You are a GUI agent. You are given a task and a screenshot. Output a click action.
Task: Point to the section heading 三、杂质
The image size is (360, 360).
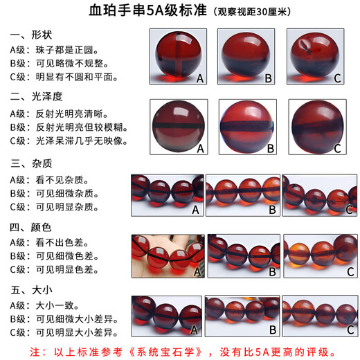point(31,164)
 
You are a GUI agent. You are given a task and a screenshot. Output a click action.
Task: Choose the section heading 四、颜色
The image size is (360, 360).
point(31,226)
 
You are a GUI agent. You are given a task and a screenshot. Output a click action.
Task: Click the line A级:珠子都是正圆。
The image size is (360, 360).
point(59,50)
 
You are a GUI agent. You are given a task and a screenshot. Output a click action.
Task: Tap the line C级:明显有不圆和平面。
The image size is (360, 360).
point(69,77)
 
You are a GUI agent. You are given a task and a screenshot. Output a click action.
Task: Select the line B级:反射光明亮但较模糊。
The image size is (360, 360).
point(73,127)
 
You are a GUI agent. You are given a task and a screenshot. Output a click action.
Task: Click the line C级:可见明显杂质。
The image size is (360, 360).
point(59,206)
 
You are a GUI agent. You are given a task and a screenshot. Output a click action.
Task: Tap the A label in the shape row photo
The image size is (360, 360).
point(199,78)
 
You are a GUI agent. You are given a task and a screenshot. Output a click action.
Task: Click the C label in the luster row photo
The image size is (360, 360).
point(337,148)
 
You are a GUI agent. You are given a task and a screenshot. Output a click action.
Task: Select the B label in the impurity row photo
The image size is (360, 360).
point(272,208)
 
